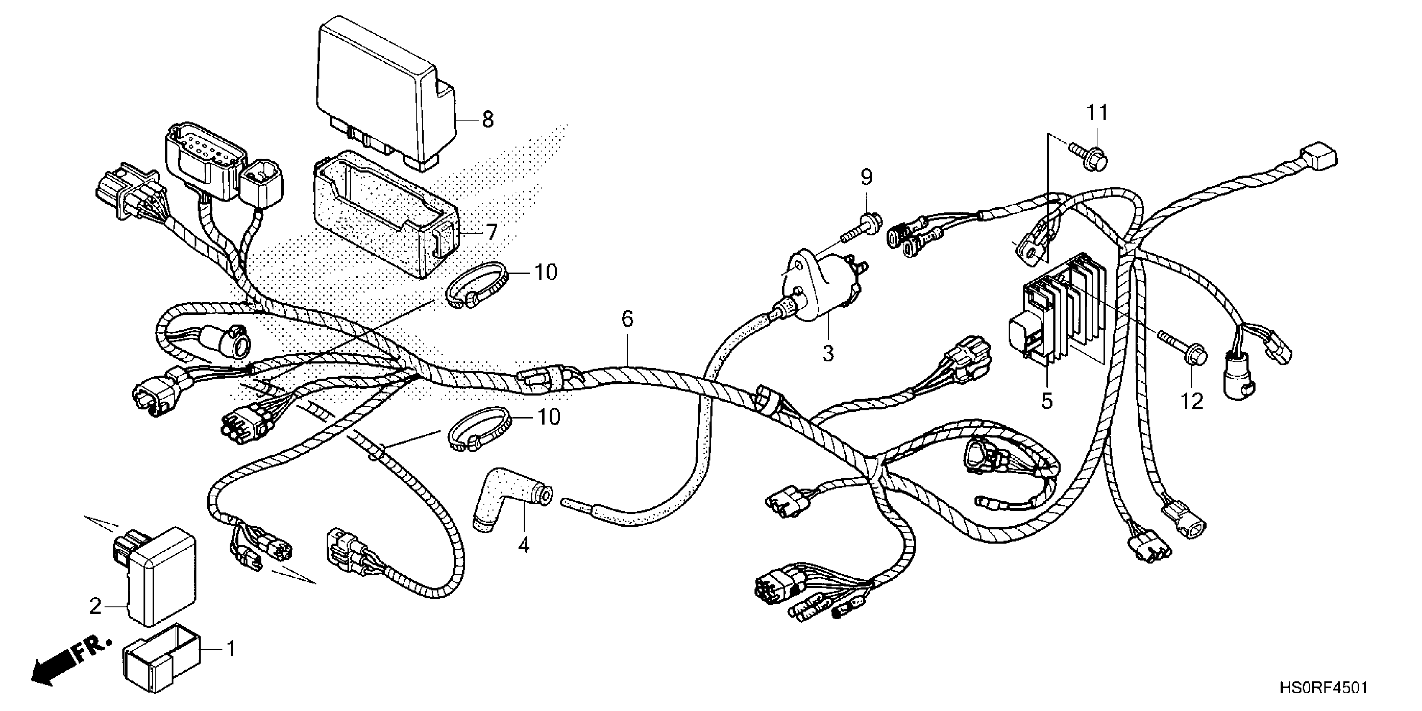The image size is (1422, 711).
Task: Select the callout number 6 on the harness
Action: pos(628,319)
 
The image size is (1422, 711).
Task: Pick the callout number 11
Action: pos(1097,113)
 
